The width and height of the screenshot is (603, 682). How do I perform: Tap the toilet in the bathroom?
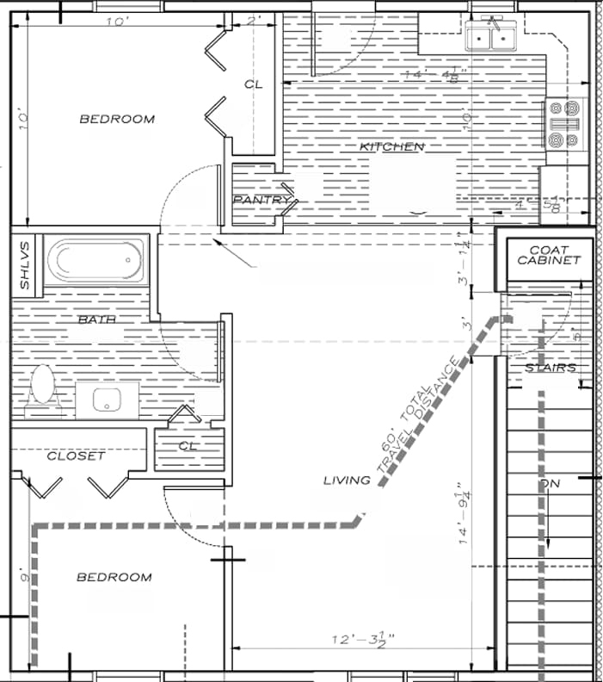[x=41, y=387]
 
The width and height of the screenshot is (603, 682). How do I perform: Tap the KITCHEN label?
[x=391, y=147]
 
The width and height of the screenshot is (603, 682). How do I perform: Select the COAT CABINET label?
[x=549, y=254]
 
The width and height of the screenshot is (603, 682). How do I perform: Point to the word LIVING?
[x=347, y=480]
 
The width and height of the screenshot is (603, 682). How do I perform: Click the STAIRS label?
[x=551, y=368]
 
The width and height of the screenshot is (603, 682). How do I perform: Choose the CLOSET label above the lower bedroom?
[x=75, y=456]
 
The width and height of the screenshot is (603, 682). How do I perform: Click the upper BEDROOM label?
[x=117, y=119]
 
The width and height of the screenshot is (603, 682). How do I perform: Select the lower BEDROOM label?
[x=114, y=577]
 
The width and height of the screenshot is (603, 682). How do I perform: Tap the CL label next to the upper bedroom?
[x=252, y=84]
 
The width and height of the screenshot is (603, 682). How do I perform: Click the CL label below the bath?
[x=188, y=446]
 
